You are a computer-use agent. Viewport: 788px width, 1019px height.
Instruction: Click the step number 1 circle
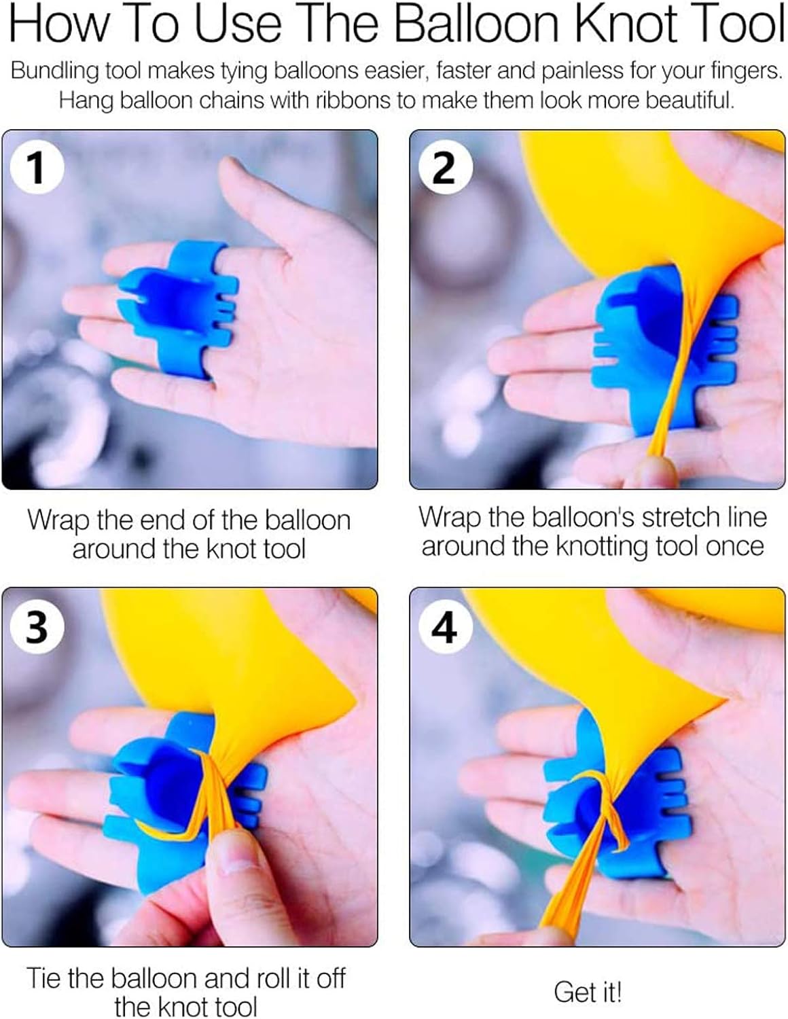pyautogui.click(x=37, y=167)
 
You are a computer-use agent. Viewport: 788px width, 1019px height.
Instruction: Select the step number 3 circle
pyautogui.click(x=37, y=627)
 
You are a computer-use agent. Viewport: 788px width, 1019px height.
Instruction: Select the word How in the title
pyautogui.click(x=58, y=24)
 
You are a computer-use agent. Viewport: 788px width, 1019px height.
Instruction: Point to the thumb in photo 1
pyautogui.click(x=262, y=207)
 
